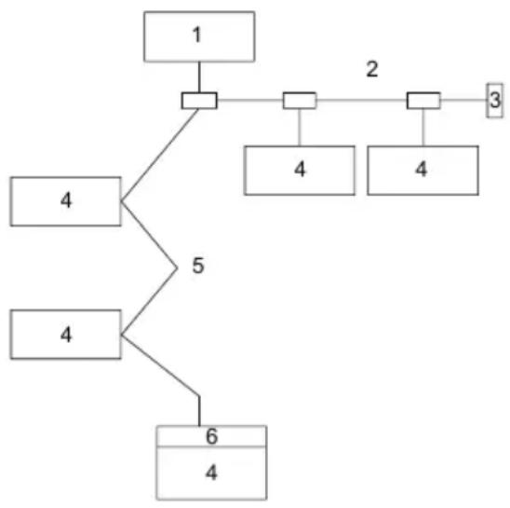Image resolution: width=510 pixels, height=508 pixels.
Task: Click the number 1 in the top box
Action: pos(197,34)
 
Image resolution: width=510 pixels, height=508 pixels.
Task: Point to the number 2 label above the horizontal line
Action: pos(372,69)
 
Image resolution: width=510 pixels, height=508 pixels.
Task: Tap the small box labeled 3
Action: pos(495,101)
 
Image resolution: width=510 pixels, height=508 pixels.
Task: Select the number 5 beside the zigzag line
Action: pos(198,266)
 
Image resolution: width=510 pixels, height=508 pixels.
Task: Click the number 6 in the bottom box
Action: pos(212,436)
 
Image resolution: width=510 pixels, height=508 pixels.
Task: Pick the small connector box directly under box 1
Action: pos(199,101)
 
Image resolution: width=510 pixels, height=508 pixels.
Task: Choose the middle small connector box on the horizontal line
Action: pos(300,101)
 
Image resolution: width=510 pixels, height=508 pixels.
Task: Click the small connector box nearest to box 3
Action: pos(423,101)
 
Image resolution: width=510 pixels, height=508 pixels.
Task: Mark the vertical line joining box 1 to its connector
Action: pos(199,77)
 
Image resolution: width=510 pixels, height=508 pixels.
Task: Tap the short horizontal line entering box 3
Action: pos(463,100)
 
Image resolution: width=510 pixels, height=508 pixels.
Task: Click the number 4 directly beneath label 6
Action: pos(211,473)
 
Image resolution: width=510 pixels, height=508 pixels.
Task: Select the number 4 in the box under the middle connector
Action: pos(300,170)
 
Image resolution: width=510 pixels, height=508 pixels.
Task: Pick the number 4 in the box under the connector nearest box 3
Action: pos(422,170)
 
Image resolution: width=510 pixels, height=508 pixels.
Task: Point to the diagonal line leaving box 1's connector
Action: pos(160,155)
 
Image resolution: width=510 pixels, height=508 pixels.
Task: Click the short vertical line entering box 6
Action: pos(199,411)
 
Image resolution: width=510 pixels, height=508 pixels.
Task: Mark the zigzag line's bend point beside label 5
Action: pos(177,268)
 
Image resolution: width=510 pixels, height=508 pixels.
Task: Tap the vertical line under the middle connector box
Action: pos(300,128)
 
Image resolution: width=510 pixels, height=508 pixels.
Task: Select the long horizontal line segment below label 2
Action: pos(361,100)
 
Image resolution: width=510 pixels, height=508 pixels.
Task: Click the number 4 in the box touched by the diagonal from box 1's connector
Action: pos(66,200)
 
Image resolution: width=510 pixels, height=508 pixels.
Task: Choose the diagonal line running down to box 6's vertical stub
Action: pos(160,365)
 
